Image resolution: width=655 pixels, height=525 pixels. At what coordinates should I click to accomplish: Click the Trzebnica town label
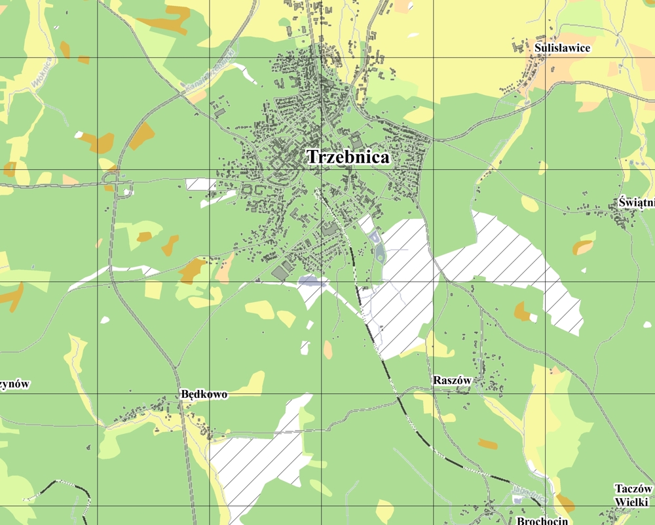tap(348, 157)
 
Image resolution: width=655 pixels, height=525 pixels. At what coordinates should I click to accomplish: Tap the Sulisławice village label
tap(562, 48)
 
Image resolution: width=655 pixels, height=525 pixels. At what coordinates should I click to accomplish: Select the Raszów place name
tap(452, 380)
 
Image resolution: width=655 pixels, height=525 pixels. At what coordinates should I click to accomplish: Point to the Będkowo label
tap(203, 395)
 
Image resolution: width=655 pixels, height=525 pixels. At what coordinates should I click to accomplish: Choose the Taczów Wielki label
tap(633, 495)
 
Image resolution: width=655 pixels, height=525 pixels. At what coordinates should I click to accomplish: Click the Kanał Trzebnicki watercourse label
tap(209, 78)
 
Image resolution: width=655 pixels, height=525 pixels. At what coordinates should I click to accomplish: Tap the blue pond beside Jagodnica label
tap(517, 500)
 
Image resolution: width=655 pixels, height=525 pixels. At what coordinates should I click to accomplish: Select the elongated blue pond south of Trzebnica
tap(313, 281)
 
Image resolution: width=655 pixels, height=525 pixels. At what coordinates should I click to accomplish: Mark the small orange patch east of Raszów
tap(487, 444)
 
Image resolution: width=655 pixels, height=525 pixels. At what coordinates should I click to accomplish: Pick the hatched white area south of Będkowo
tap(249, 465)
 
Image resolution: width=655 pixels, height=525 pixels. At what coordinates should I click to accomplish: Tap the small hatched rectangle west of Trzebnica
tap(200, 184)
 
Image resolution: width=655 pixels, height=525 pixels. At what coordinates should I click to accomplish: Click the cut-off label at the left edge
tap(14, 384)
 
